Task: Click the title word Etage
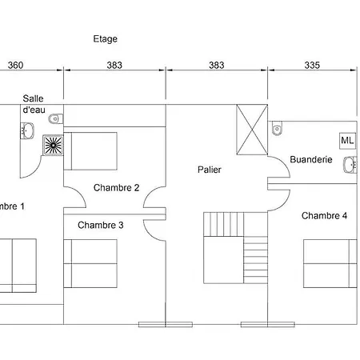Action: click(x=106, y=38)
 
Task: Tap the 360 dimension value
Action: click(x=15, y=65)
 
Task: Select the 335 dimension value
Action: click(x=313, y=65)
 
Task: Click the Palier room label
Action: click(x=210, y=170)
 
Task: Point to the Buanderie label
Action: click(x=311, y=159)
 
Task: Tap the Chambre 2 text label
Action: click(x=116, y=188)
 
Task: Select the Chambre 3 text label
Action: click(x=101, y=225)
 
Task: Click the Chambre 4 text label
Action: click(x=325, y=215)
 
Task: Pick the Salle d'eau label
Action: click(x=34, y=102)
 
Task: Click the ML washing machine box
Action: click(x=347, y=140)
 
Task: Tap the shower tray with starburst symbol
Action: click(x=53, y=145)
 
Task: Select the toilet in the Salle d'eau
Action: click(x=54, y=119)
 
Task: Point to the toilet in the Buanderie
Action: click(x=277, y=128)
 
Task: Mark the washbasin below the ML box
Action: click(x=349, y=165)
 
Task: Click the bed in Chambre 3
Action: click(x=90, y=263)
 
